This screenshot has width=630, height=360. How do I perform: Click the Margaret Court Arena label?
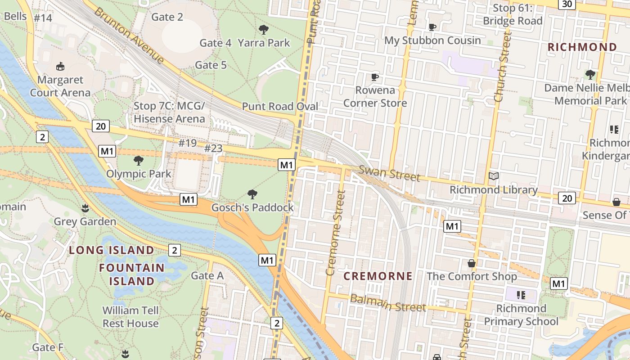click(60, 86)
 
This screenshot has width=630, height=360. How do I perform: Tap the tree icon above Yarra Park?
click(264, 30)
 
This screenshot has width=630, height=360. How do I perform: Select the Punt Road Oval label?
click(280, 107)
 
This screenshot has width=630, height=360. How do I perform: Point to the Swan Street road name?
click(389, 173)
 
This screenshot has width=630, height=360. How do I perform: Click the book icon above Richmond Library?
click(494, 176)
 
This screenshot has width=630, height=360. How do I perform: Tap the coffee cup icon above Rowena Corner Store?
click(375, 77)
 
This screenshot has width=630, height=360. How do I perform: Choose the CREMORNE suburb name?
click(378, 276)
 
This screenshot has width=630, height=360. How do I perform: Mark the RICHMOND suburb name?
click(582, 47)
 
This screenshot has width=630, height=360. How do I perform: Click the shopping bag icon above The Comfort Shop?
click(472, 263)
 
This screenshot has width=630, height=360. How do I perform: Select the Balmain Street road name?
click(387, 303)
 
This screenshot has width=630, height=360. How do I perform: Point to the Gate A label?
click(207, 275)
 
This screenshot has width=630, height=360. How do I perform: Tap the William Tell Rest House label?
click(130, 317)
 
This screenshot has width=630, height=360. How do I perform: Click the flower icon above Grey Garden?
click(85, 208)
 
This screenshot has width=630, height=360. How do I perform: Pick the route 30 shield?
click(566, 4)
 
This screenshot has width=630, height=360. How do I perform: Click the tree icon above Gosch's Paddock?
click(252, 194)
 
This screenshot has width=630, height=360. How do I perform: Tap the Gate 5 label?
click(211, 65)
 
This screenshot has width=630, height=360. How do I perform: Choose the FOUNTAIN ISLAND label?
click(132, 274)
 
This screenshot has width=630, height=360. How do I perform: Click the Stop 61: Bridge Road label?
click(513, 14)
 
